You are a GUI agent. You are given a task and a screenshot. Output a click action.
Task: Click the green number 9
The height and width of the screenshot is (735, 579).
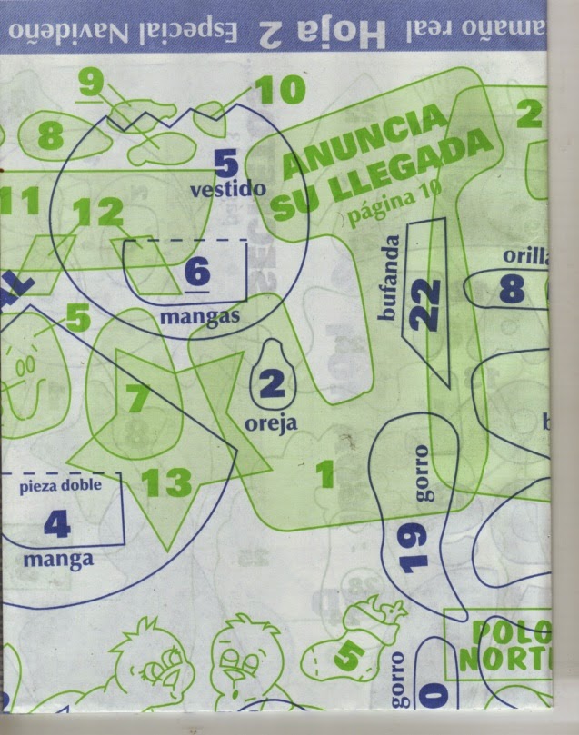(x=91, y=83)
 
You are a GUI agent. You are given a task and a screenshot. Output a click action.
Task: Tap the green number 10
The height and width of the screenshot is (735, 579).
(x=281, y=90)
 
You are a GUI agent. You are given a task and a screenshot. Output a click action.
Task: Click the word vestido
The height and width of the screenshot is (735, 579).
(x=228, y=189)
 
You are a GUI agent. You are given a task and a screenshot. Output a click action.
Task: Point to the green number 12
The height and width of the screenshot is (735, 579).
(x=97, y=214)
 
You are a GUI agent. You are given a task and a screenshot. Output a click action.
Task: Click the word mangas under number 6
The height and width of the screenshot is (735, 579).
(x=199, y=318)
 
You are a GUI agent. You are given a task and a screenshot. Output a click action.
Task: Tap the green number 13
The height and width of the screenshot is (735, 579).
(x=166, y=482)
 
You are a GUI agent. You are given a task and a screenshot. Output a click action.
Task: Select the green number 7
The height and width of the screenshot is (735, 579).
(x=136, y=399)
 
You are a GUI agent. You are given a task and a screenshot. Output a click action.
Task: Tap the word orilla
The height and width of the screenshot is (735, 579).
(x=527, y=256)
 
